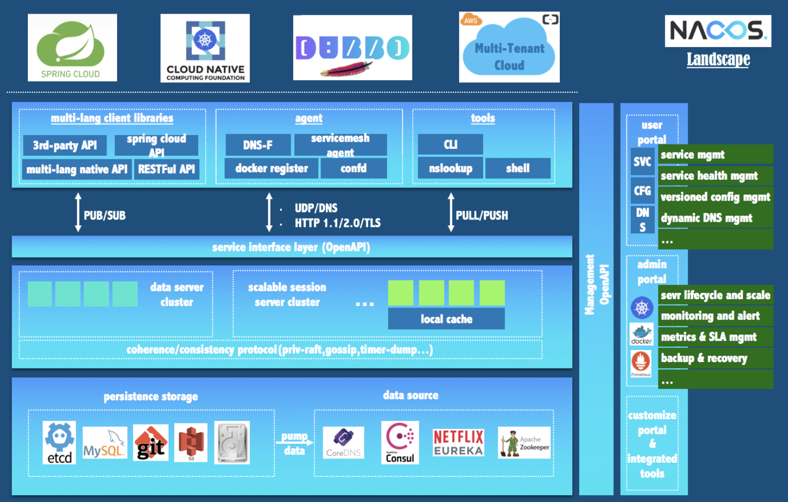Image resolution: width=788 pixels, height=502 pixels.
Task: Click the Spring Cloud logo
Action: click(x=72, y=48)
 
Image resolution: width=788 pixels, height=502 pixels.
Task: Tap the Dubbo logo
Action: click(x=352, y=48)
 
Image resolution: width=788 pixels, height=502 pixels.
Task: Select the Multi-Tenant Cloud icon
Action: click(x=509, y=48)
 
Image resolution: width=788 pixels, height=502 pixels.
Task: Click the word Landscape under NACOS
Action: click(x=718, y=59)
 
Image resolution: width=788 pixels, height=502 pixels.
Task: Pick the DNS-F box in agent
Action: click(x=258, y=145)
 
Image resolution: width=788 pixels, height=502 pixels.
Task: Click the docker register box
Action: click(x=271, y=168)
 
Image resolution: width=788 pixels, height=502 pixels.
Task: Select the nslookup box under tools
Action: click(x=450, y=168)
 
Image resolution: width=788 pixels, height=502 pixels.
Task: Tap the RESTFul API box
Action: click(x=166, y=169)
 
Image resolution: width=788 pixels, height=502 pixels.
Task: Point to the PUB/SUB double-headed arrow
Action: click(x=78, y=212)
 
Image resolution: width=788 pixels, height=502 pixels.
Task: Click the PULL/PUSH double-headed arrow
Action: click(x=451, y=212)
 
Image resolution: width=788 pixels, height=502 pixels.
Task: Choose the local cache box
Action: click(x=446, y=319)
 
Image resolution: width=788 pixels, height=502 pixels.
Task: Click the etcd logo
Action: click(x=59, y=443)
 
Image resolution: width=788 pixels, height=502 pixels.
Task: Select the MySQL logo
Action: click(x=104, y=443)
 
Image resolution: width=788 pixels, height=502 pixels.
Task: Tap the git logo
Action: click(x=151, y=443)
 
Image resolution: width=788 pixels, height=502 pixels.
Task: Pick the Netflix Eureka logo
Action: click(x=458, y=443)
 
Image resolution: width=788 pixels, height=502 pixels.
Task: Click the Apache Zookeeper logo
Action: click(x=524, y=443)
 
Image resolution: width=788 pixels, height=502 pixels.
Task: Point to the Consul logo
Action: click(x=400, y=443)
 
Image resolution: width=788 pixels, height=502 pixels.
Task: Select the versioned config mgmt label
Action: click(x=715, y=197)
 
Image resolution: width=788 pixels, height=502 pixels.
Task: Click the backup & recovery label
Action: click(x=704, y=358)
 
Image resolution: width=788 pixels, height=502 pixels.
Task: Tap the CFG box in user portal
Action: click(x=642, y=191)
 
